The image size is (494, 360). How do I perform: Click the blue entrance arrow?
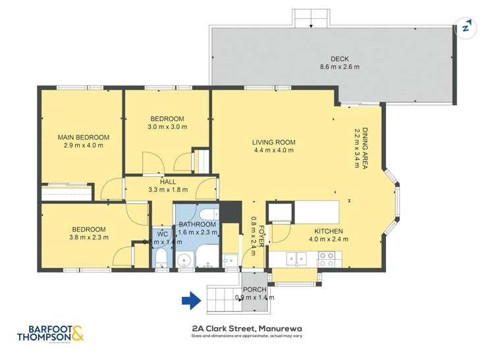pyautogui.click(x=191, y=301)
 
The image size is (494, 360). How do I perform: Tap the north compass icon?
pyautogui.click(x=466, y=28)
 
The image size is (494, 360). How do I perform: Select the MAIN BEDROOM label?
pyautogui.click(x=83, y=137)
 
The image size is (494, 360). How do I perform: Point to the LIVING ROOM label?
pyautogui.click(x=273, y=141)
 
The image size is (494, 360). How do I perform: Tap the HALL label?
pyautogui.click(x=167, y=181)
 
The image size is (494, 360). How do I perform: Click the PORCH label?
pyautogui.click(x=254, y=289)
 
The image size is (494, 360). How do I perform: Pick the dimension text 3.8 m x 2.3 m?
pyautogui.click(x=90, y=238)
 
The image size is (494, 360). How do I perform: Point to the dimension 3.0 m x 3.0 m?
pyautogui.click(x=167, y=127)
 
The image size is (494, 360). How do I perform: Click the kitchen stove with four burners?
pyautogui.click(x=326, y=261)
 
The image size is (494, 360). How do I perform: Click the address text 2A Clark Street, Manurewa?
pyautogui.click(x=247, y=327)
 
